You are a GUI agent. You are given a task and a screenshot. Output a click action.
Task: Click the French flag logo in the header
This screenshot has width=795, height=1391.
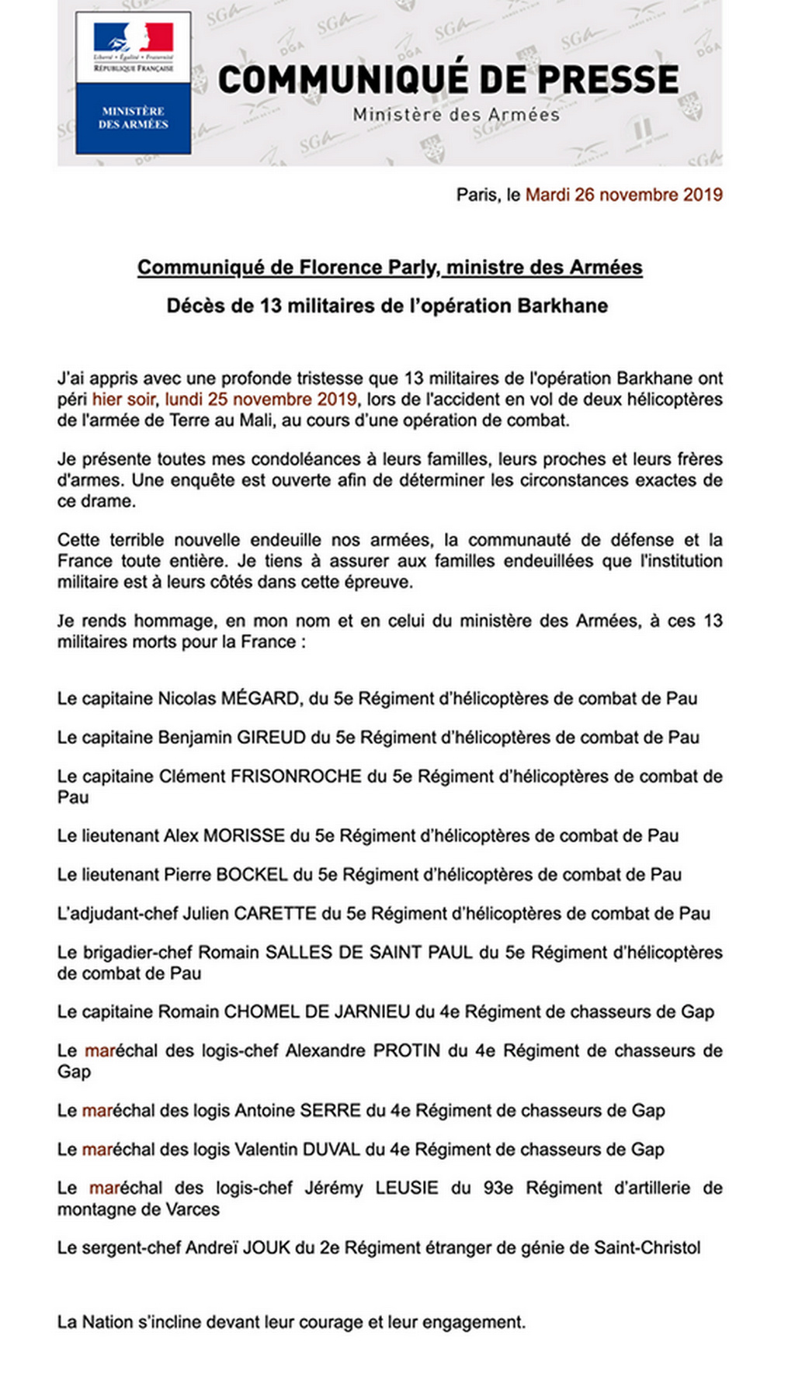point(134,38)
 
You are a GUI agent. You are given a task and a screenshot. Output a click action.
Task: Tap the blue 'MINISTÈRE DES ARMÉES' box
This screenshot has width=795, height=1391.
point(134,117)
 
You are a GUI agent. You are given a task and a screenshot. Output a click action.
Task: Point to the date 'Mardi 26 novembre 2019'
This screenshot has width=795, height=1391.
point(623,195)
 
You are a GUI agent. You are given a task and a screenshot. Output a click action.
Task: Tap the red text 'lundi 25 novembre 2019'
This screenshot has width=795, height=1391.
point(261,400)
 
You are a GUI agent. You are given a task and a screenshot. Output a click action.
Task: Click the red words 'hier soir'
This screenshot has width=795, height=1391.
point(123,400)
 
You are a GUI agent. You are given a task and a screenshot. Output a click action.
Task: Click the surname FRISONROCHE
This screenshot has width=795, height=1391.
point(297,776)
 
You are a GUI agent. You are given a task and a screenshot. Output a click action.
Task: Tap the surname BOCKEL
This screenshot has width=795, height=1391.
point(252,874)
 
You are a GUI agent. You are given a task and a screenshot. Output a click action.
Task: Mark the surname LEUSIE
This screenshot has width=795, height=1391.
point(407,1188)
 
